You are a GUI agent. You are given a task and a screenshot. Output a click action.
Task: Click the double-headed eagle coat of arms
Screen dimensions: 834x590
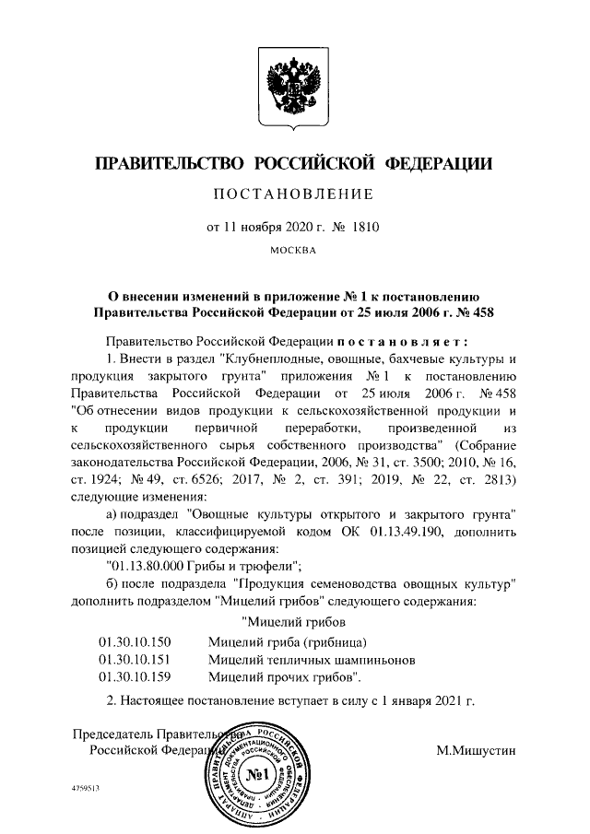tap(293, 88)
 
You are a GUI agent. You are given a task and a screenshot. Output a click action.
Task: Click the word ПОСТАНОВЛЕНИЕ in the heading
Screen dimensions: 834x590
tap(293, 194)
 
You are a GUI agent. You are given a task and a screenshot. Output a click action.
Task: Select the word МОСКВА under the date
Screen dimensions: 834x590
tap(293, 249)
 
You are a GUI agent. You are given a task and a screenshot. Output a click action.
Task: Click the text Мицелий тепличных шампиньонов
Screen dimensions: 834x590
tap(314, 660)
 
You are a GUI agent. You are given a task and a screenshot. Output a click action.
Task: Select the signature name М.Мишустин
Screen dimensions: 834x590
tap(477, 750)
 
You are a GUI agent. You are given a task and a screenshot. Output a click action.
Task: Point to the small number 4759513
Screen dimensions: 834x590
tap(85, 790)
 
